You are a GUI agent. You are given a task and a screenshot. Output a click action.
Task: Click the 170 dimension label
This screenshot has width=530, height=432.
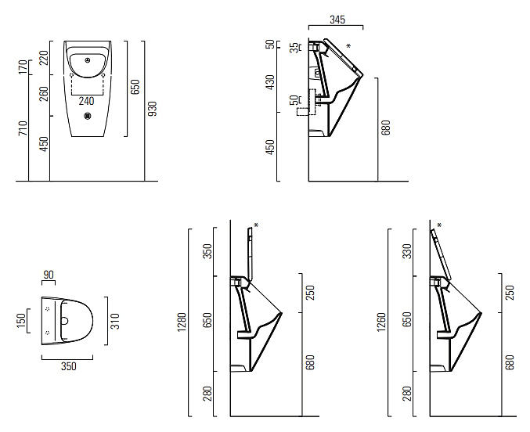pos(23,67)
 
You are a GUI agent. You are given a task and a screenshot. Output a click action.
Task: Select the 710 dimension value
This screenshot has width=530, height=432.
pos(23,128)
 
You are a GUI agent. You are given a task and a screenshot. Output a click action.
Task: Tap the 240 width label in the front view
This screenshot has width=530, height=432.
pos(86,101)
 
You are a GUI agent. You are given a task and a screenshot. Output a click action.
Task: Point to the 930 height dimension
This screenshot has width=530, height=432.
pos(153,109)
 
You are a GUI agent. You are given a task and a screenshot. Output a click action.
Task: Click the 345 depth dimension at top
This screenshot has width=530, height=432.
pos(337,20)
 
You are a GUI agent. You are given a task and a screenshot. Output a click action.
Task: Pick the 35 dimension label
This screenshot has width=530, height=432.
pos(295,47)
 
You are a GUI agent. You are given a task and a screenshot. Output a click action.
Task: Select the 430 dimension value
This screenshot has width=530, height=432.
pos(270,82)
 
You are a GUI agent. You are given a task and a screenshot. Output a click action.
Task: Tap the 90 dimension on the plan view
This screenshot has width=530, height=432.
pos(49,275)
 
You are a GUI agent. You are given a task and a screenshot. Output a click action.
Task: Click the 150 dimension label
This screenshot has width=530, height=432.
pos(21,320)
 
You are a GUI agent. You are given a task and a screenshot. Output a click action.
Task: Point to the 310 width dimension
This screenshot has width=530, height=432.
pos(115,321)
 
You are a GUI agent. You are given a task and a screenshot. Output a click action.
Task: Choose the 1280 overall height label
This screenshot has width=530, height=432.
pos(182,322)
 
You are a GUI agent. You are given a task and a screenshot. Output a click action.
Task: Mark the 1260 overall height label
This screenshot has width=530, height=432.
pos(381,322)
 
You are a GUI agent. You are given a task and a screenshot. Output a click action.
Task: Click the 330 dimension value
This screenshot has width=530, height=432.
pos(408,251)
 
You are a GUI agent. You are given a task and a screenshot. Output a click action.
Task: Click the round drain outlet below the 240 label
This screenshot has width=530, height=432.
pos(88,117)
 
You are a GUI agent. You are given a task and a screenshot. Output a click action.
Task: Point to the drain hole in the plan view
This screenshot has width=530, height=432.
pos(64,321)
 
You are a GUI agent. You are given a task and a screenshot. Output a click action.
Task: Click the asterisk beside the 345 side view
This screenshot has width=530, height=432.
pos(348,46)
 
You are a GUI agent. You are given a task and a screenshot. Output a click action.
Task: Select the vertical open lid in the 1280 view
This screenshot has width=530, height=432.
pos(251,254)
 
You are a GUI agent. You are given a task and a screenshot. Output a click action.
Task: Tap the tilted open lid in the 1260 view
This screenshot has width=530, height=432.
pos(441,254)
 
